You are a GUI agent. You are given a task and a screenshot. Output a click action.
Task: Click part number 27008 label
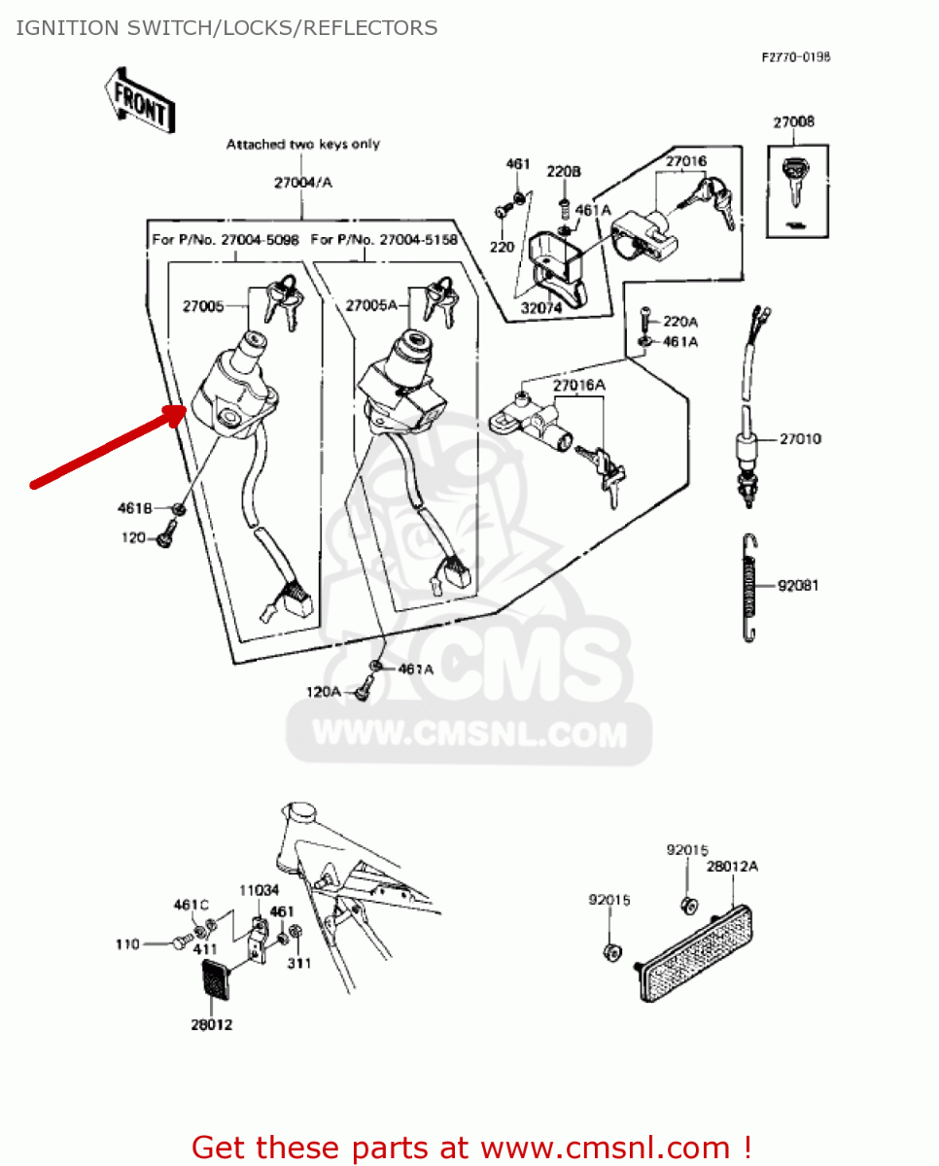tap(794, 122)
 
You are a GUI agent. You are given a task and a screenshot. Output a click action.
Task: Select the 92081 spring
tap(748, 587)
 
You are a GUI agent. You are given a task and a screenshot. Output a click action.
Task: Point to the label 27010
tap(800, 439)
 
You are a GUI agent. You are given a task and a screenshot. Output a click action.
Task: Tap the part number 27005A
tap(369, 305)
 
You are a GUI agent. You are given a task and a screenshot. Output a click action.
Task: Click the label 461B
tap(135, 508)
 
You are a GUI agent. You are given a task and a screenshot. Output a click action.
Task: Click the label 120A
tap(324, 692)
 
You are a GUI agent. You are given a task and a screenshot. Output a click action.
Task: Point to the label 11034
tap(260, 889)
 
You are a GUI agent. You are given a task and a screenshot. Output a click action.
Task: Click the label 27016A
tap(579, 386)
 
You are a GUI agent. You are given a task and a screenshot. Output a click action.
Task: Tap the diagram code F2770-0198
tap(795, 57)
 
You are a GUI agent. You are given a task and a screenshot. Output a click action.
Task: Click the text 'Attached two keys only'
tap(303, 145)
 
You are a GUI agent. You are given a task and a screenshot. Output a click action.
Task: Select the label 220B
tap(564, 172)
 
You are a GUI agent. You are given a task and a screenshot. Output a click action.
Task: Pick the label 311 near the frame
tap(298, 964)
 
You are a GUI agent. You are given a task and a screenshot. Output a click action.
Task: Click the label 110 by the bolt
tap(127, 943)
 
